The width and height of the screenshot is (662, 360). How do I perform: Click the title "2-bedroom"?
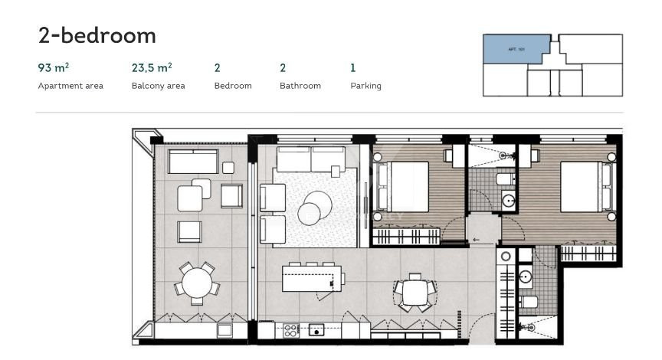(x=97, y=35)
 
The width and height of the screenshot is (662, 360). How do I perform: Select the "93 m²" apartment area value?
(x=54, y=68)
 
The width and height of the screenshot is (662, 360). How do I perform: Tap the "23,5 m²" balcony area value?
(x=152, y=68)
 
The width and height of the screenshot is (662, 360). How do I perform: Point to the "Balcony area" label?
(x=158, y=86)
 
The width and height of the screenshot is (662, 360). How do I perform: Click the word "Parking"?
(x=365, y=86)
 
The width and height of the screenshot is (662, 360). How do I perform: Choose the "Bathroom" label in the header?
(x=300, y=86)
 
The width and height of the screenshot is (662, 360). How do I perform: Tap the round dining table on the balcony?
(x=197, y=282)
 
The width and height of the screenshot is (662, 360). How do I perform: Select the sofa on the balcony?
(x=192, y=162)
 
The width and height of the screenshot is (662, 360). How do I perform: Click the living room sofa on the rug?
(x=310, y=159)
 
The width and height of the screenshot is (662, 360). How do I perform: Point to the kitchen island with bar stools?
(x=308, y=277)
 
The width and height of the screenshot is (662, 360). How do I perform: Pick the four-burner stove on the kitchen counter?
(x=291, y=331)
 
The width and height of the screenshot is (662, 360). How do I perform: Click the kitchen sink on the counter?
(x=316, y=331)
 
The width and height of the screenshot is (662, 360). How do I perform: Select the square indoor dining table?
(x=415, y=291)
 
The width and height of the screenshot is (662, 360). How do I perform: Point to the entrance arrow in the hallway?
(x=477, y=239)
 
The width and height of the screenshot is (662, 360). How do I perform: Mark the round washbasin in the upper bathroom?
(x=508, y=201)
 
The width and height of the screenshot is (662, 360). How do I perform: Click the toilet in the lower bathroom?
(x=528, y=302)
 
